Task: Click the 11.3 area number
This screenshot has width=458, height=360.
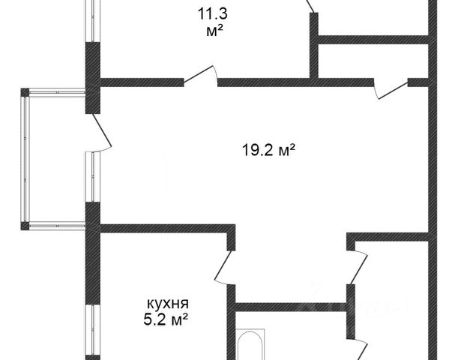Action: [212, 13]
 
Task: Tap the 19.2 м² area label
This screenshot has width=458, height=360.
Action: [268, 151]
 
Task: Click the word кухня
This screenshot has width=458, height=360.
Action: [168, 304]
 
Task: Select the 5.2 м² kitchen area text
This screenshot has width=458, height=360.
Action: [166, 319]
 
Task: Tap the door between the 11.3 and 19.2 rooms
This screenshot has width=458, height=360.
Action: [201, 76]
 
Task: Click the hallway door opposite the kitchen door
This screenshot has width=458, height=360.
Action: [357, 267]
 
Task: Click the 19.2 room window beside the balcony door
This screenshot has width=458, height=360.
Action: [93, 177]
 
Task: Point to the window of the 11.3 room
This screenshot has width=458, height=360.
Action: [93, 21]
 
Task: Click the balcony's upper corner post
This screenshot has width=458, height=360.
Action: [25, 92]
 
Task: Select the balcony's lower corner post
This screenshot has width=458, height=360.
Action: [25, 226]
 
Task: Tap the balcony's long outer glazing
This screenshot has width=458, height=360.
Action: [25, 159]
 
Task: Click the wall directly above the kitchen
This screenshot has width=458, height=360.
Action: [168, 229]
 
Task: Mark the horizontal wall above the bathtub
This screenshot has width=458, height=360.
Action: [291, 307]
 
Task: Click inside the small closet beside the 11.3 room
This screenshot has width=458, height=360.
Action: [373, 61]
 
